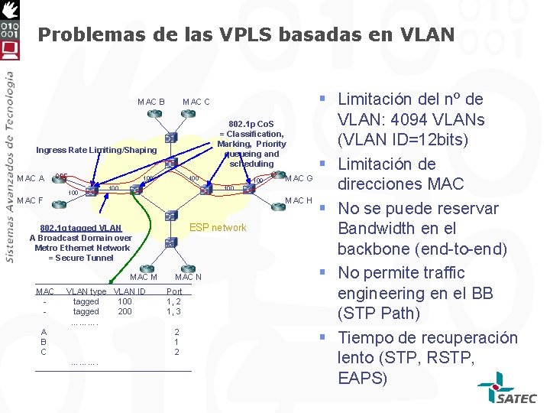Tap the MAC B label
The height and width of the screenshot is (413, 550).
pos(151,102)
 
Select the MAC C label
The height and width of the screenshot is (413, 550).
pos(196,102)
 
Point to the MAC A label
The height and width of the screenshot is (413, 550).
pos(31,179)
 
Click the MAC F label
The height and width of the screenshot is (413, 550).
pos(30,201)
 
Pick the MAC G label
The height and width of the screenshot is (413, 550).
pos(299,178)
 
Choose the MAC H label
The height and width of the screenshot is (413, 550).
pos(299,201)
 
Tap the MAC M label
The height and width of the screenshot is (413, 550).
pos(144,277)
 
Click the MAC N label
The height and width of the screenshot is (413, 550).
pos(188,277)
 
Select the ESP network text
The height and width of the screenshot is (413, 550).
pos(218,227)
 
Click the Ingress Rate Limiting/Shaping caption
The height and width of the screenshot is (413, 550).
pos(96,150)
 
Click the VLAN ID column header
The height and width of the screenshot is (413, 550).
pos(130,291)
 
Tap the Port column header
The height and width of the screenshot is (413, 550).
pos(174,291)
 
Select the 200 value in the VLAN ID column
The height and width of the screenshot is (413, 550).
pos(125,311)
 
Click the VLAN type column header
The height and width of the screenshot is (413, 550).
pos(86,291)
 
